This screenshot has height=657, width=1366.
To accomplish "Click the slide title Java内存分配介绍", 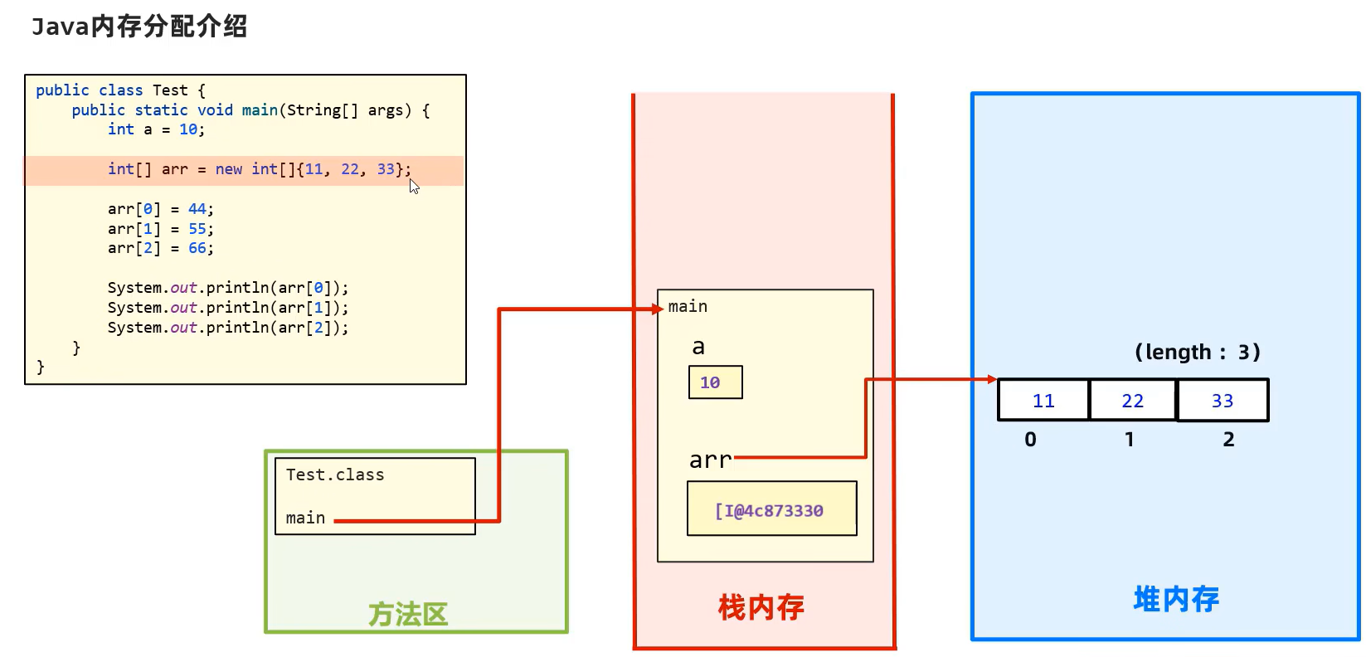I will click(139, 27).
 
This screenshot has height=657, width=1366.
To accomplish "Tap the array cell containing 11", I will click(1043, 401).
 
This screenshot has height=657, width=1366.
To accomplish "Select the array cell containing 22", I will click(1132, 401).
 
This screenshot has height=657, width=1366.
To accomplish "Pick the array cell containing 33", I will click(1223, 401).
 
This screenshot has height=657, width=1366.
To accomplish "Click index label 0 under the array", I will click(1030, 440).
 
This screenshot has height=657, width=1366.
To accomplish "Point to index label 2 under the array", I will click(1228, 440).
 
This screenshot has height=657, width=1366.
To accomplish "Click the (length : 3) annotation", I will click(1197, 353).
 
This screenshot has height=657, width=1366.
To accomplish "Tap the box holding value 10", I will click(715, 382).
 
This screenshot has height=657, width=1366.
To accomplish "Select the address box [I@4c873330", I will click(771, 509).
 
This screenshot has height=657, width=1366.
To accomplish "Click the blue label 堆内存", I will click(1176, 599).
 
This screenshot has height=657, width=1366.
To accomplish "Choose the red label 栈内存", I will click(761, 608).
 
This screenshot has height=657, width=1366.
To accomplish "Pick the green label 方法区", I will click(408, 615).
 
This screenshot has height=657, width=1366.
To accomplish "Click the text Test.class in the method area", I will click(335, 474).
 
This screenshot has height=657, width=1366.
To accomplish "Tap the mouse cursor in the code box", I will click(414, 186).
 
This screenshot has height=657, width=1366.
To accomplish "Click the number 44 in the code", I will click(197, 209).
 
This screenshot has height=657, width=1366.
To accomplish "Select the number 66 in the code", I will click(197, 248).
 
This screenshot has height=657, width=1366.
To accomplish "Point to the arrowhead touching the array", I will click(992, 379).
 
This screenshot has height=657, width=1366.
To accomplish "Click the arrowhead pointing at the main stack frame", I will click(659, 309).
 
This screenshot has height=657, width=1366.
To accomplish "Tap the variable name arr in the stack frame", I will click(710, 460).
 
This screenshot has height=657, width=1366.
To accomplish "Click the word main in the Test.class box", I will click(305, 518).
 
